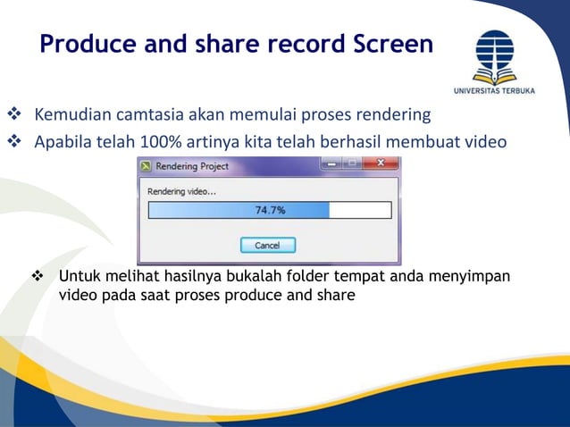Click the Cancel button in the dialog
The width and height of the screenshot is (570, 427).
coord(267,245)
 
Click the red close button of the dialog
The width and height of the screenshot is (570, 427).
coord(381,164)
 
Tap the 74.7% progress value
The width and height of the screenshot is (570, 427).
coord(270,211)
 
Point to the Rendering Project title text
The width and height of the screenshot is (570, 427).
coord(192,166)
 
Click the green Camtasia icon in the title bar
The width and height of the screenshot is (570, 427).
coord(146,166)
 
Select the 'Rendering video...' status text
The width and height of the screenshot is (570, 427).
coord(181,191)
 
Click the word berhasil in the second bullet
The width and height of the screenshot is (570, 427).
coord(381,141)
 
